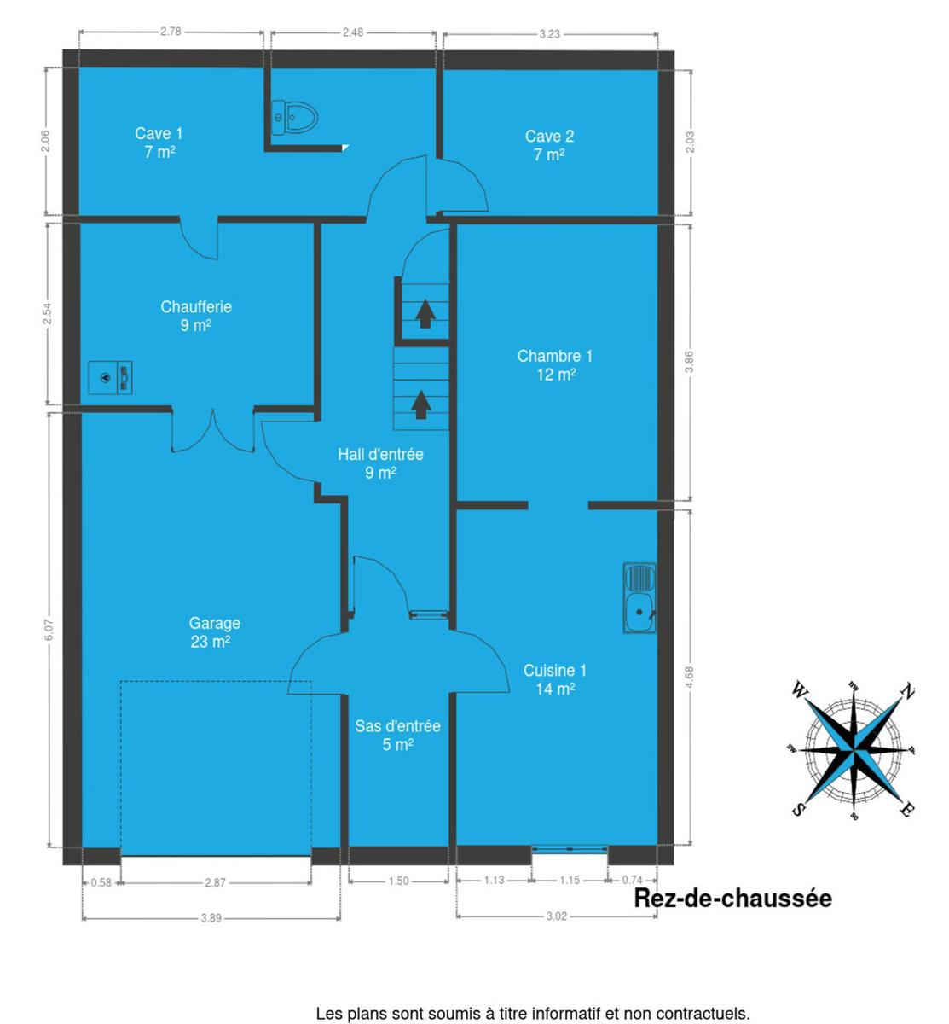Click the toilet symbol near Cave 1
(294, 118)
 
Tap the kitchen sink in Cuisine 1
(639, 597)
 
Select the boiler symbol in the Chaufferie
(110, 377)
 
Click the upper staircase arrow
(425, 313)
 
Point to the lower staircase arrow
(421, 404)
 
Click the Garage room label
(213, 632)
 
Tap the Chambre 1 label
(555, 365)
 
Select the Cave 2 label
(549, 145)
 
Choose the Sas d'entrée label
(397, 736)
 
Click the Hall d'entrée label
(381, 463)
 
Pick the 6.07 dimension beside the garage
(49, 630)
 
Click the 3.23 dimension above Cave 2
(549, 34)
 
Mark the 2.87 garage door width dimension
(216, 882)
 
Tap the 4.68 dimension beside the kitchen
(690, 676)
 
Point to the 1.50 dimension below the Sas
(398, 881)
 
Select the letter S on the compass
(797, 810)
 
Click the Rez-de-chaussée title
(732, 899)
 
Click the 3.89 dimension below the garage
(211, 918)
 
